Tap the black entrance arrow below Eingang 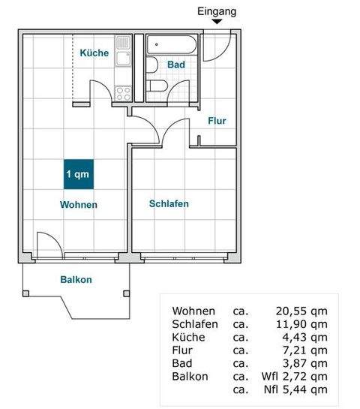click(x=217, y=23)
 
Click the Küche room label click(x=94, y=53)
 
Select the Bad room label click(x=176, y=65)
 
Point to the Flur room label click(x=217, y=120)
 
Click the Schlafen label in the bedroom click(x=169, y=203)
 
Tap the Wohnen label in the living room click(x=79, y=204)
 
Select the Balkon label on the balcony click(x=76, y=280)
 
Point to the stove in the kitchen click(x=123, y=93)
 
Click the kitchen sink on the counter click(x=124, y=54)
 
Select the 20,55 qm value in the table click(x=300, y=311)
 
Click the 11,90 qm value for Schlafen click(x=300, y=324)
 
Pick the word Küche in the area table click(x=187, y=338)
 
